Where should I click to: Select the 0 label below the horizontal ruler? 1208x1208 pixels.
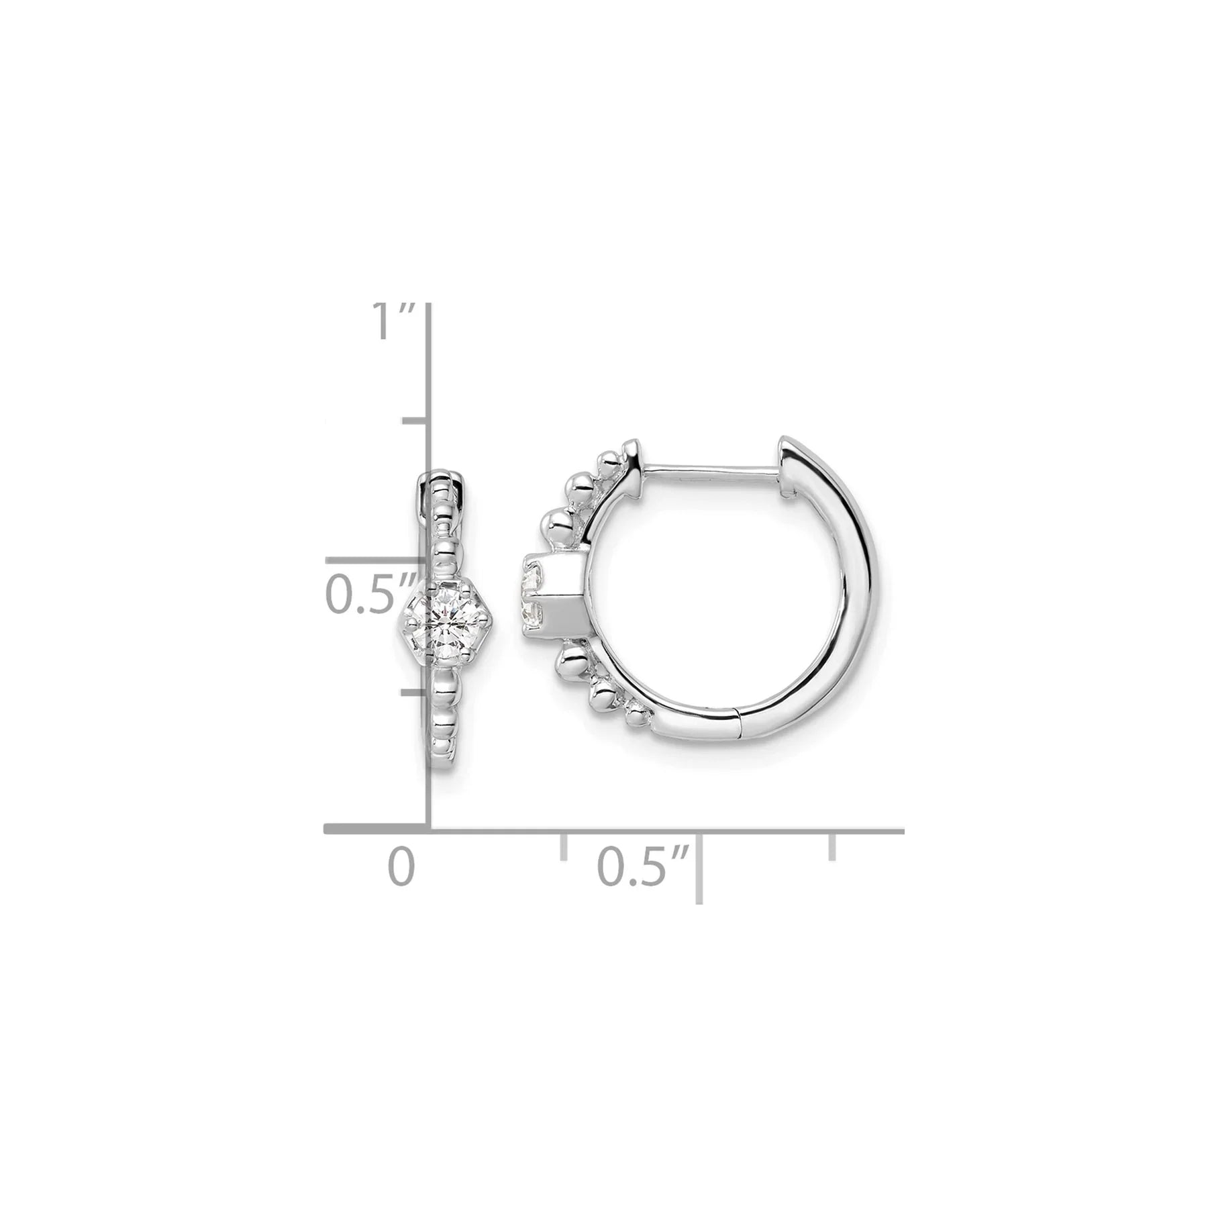tap(401, 866)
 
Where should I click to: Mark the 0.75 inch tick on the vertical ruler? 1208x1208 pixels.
tap(416, 421)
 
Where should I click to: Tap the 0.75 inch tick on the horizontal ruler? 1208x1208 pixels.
tap(833, 846)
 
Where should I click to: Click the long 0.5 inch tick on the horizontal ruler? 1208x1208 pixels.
tap(699, 866)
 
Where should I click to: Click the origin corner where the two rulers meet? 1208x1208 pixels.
tap(430, 831)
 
